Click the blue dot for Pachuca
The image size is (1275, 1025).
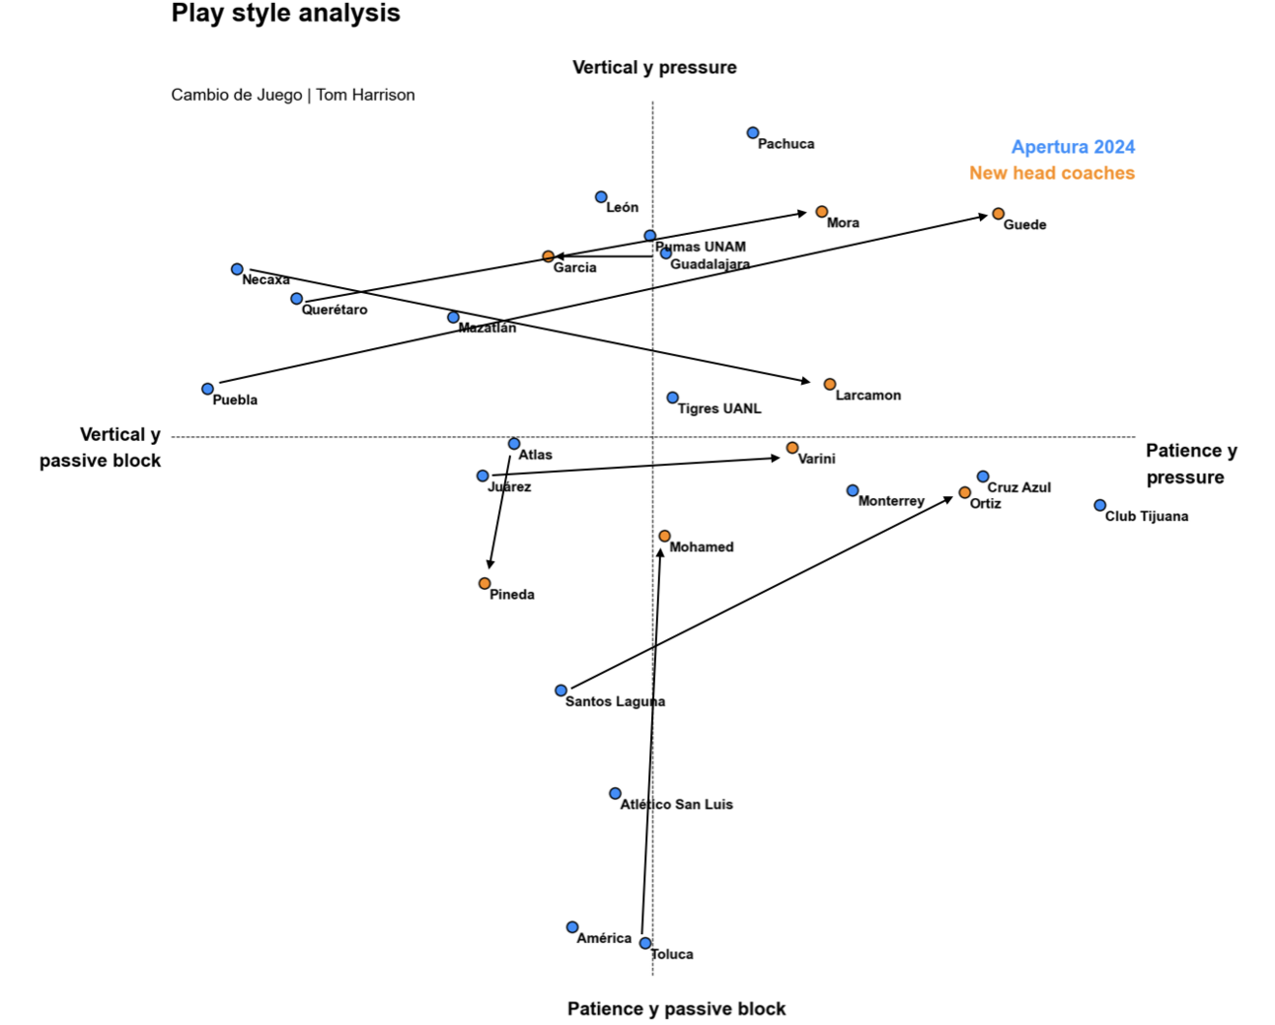pos(753,133)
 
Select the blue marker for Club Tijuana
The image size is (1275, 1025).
pos(1100,506)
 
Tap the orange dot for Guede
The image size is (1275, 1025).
pos(999,214)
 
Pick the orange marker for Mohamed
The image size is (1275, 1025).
pos(665,537)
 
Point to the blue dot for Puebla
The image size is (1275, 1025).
pos(207,390)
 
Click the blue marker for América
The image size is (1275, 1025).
pos(572,927)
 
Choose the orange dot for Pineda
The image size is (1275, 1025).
pos(485,584)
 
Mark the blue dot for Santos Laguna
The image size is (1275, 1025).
pos(561,691)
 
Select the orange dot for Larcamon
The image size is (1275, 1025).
pos(830,385)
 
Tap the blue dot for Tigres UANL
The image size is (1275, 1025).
pos(673,398)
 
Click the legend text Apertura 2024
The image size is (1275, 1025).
pos(1073,147)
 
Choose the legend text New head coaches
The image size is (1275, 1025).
pos(1051,174)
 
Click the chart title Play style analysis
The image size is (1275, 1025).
pos(285,14)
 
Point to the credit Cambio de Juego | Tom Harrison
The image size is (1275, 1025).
pos(293,96)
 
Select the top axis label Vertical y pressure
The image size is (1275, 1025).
pos(654,68)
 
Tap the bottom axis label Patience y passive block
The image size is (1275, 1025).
pos(676,1009)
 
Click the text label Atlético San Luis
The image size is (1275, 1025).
pos(676,805)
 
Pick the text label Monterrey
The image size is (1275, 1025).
pos(891,501)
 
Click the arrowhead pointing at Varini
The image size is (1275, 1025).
pos(776,459)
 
